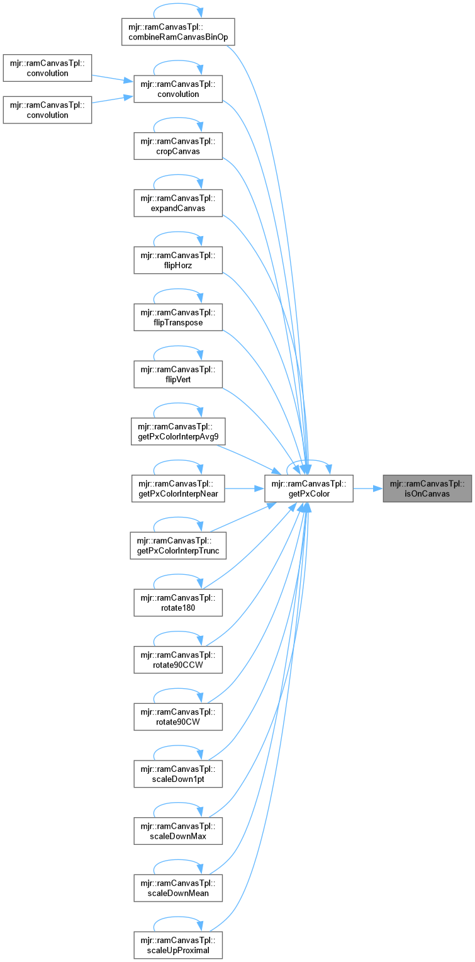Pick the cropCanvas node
(178, 147)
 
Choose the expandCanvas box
(178, 203)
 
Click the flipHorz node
(178, 261)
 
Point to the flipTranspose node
(178, 318)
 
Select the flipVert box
(178, 375)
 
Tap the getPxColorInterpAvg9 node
(178, 432)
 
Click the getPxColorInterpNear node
(178, 489)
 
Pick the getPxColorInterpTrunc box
(178, 546)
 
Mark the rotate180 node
(178, 603)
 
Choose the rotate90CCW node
(178, 660)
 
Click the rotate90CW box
(178, 717)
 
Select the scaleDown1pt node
(178, 774)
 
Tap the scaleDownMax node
(178, 832)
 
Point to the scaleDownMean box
(178, 888)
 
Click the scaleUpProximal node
(178, 946)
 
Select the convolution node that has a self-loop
(178, 89)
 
